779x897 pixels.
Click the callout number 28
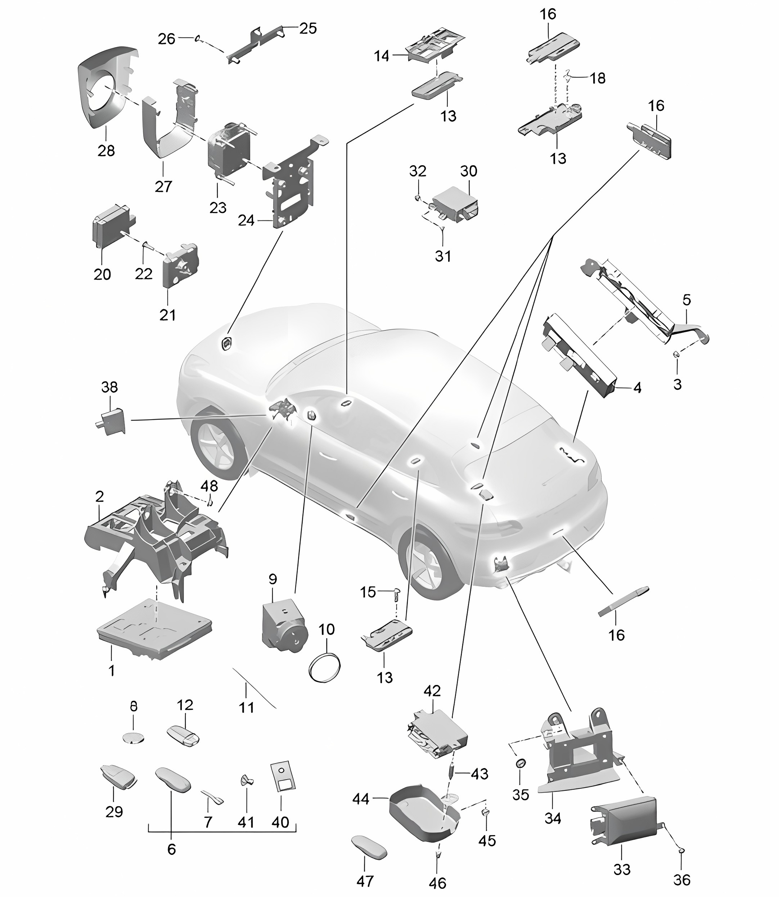pyautogui.click(x=106, y=151)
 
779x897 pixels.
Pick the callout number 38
pyautogui.click(x=109, y=387)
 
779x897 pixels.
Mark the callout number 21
pyautogui.click(x=168, y=315)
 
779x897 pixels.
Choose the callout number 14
pyautogui.click(x=382, y=56)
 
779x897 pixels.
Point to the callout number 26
pyautogui.click(x=167, y=39)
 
